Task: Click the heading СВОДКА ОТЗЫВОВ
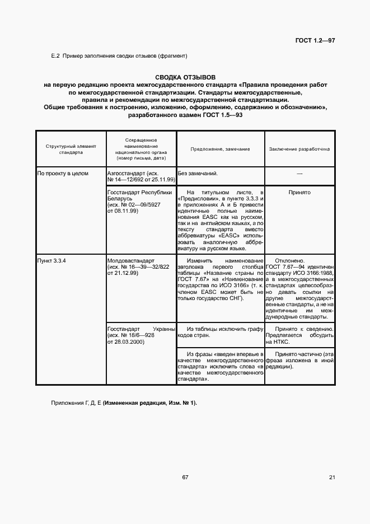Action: point(185,77)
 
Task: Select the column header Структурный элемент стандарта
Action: point(71,149)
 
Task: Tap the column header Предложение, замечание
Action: point(220,149)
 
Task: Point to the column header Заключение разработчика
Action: point(299,149)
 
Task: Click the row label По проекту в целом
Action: point(63,174)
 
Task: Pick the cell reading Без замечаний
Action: point(197,174)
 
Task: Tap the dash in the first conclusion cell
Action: point(299,174)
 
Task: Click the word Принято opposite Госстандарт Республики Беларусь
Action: point(299,192)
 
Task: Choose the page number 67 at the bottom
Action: point(185,477)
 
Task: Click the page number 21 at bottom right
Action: point(332,477)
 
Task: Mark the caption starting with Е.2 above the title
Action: point(119,55)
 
